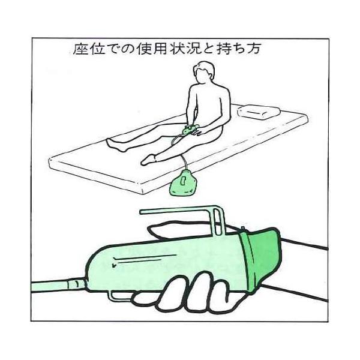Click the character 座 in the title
(x=80, y=49)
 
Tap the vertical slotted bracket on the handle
(x=218, y=220)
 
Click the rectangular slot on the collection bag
(x=184, y=181)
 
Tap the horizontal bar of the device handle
(x=178, y=211)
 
